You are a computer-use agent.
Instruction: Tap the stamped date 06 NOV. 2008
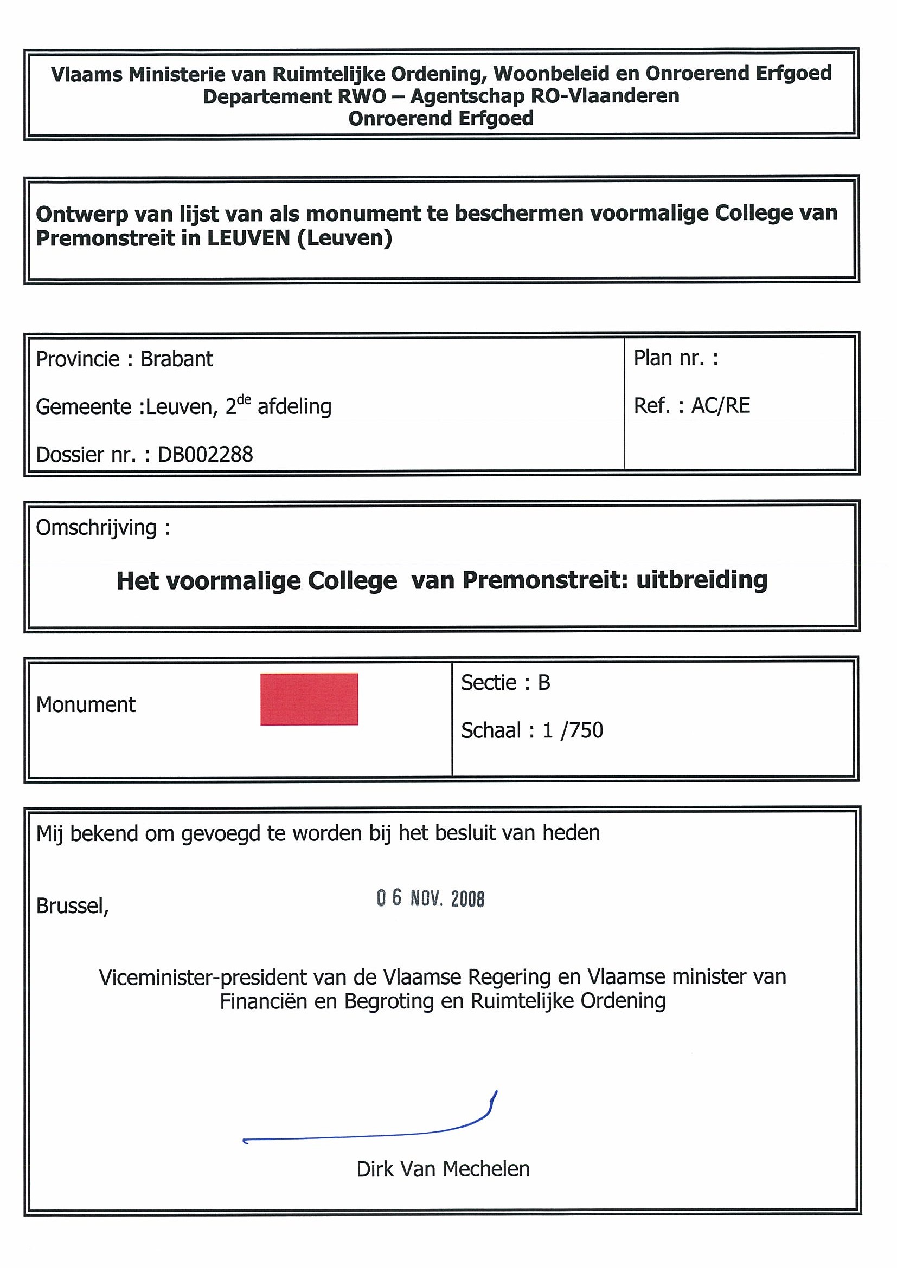[x=431, y=898]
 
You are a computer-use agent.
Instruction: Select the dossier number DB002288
[x=205, y=455]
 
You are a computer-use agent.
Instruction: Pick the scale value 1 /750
[x=573, y=730]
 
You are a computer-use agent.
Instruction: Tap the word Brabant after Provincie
[x=176, y=359]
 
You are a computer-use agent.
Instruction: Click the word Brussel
[x=72, y=905]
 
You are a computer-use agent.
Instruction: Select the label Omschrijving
[x=97, y=528]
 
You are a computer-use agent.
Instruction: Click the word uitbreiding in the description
[x=702, y=580]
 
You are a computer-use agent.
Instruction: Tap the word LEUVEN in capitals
[x=249, y=238]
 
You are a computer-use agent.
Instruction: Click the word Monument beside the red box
[x=86, y=705]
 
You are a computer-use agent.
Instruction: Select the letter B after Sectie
[x=544, y=683]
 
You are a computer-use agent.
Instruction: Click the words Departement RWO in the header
[x=294, y=96]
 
